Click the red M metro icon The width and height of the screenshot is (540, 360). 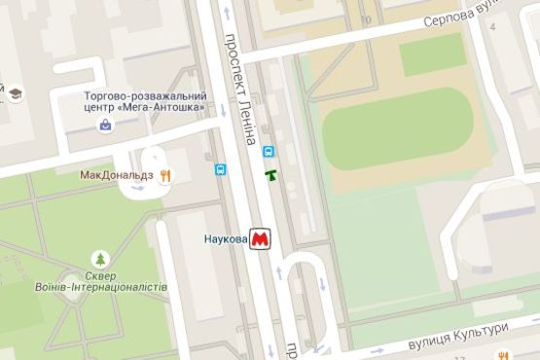[260, 238]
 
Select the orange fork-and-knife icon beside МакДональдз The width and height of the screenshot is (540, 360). [166, 175]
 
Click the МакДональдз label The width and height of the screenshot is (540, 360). [118, 175]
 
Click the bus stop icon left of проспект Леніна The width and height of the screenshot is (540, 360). [221, 169]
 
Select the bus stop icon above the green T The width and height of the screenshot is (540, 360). [269, 152]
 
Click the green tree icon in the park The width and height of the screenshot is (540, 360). [98, 259]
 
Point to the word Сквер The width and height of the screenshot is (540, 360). [98, 275]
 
